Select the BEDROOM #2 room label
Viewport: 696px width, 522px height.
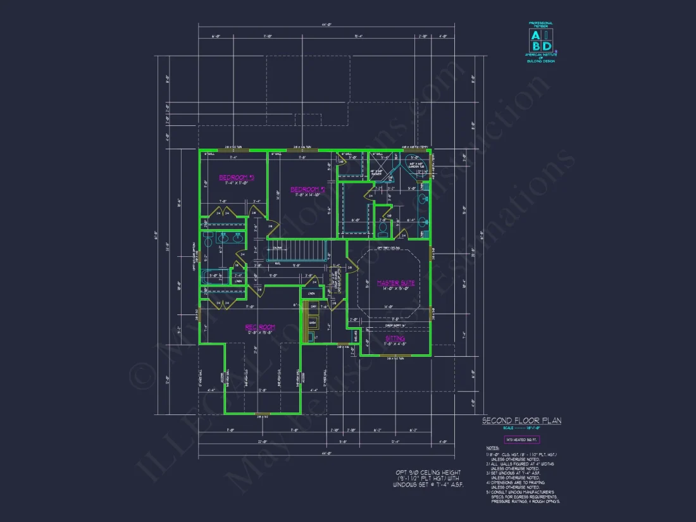[307, 189]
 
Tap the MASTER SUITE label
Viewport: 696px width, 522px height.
[396, 283]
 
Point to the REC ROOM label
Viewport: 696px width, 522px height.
[259, 327]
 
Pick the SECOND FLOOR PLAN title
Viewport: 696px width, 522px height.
[521, 420]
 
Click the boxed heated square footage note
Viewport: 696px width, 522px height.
[521, 439]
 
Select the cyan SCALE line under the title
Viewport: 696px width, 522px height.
[521, 428]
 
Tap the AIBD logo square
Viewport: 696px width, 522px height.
[541, 40]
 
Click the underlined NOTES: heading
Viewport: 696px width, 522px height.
[492, 448]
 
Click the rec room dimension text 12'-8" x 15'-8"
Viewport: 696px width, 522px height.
[259, 333]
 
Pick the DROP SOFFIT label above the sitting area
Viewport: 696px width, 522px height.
[395, 326]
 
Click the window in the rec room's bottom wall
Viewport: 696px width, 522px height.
[263, 415]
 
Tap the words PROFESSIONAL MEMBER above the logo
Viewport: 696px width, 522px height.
[541, 25]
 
